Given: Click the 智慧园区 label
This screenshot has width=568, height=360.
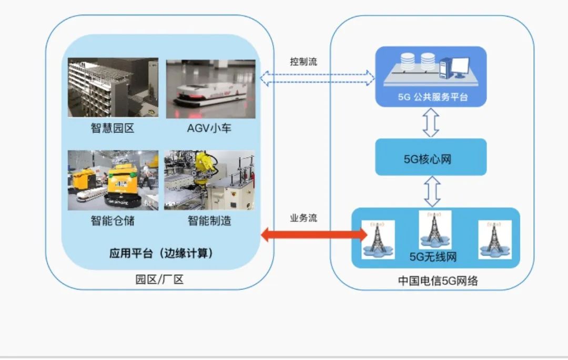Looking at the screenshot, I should (113, 128).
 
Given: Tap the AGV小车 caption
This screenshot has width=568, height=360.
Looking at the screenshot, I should (209, 128).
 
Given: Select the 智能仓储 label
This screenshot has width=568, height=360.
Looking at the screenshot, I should (113, 220).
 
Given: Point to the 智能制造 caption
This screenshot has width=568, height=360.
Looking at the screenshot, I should (209, 220).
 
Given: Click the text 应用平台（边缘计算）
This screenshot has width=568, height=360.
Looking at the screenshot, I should (161, 253).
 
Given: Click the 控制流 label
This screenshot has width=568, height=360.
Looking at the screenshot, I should (303, 61).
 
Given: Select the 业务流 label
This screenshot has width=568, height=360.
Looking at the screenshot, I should (303, 218).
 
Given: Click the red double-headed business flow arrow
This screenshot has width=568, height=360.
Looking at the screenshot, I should (314, 234).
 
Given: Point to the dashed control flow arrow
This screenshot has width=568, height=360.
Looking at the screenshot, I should (318, 79).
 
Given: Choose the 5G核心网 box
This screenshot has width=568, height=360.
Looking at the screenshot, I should (431, 158).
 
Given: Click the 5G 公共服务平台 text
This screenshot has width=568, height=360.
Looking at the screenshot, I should (432, 97).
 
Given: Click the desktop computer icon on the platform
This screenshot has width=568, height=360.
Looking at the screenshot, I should (454, 66).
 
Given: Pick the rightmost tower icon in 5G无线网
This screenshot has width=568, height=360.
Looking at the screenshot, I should (494, 239).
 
